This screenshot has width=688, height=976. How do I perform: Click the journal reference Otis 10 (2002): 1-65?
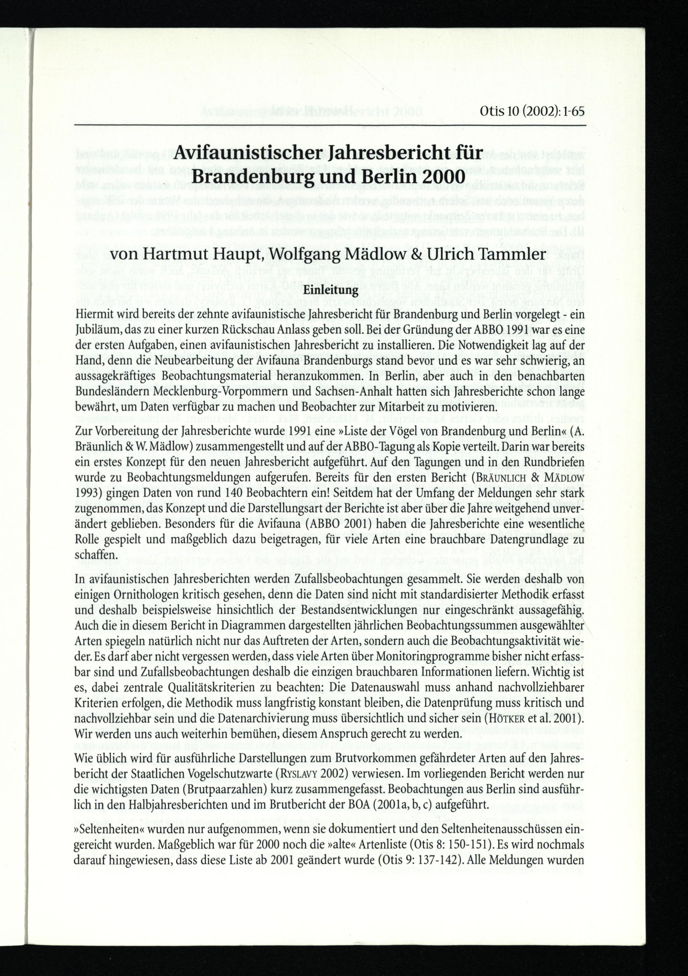pos(532,112)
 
